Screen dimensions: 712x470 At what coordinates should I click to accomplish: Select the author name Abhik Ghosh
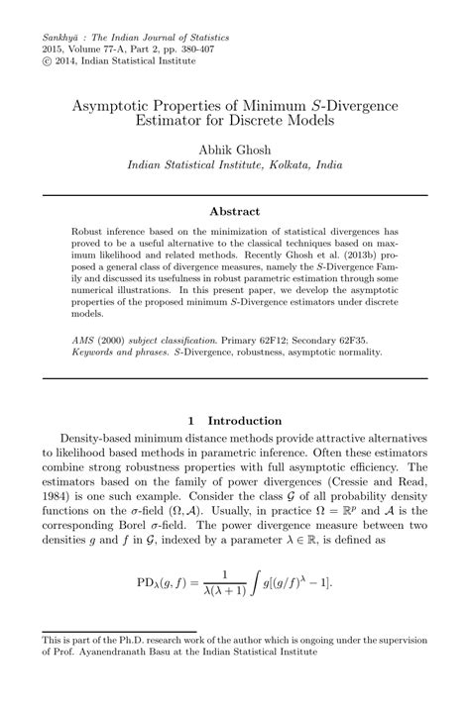click(x=235, y=150)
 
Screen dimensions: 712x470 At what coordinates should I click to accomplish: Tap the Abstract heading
click(x=234, y=211)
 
